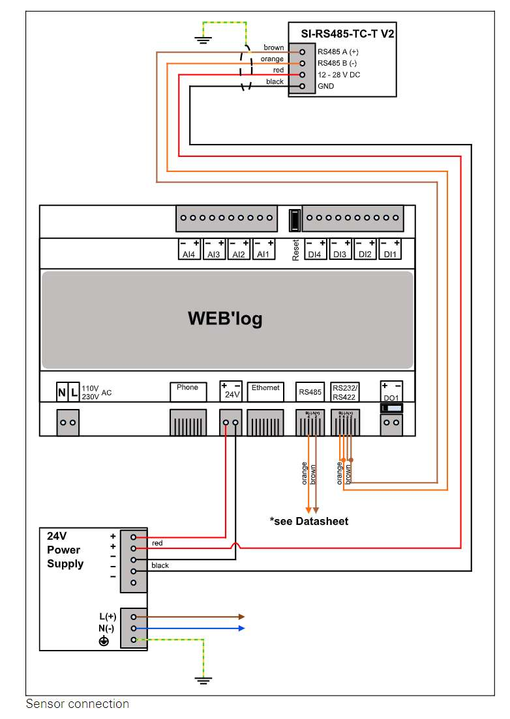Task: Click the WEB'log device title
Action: (225, 318)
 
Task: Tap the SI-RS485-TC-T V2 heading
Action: (342, 33)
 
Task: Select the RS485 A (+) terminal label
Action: (338, 51)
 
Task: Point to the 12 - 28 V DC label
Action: (338, 75)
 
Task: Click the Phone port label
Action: (187, 388)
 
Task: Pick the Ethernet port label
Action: (265, 388)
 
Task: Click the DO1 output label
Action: (391, 397)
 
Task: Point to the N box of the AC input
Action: (62, 392)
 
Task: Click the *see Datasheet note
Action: (308, 521)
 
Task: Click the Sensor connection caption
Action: (77, 704)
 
